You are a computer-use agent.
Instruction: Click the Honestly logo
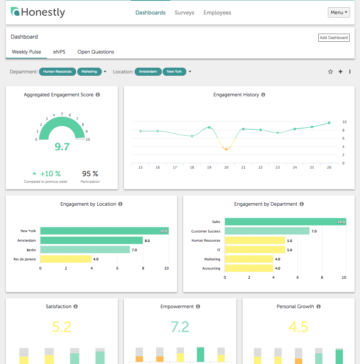38,12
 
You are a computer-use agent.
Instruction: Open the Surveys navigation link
184,13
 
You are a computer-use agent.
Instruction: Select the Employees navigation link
217,13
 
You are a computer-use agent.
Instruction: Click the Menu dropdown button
339,13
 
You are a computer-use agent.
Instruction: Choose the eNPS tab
59,52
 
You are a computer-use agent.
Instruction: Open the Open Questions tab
96,52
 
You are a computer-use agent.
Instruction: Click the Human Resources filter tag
57,71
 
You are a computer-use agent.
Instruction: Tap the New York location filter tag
174,71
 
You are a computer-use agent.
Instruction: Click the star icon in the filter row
331,71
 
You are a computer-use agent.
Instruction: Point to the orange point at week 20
226,149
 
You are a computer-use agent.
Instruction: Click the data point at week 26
329,123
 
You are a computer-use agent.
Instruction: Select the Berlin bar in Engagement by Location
85,250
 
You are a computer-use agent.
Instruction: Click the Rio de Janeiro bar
66,259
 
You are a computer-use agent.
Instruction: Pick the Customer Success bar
267,231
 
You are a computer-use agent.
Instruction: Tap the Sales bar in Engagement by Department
285,222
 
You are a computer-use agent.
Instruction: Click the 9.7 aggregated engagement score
62,146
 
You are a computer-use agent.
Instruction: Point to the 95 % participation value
90,174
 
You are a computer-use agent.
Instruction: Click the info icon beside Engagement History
263,95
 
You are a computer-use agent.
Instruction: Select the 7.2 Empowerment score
180,327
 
